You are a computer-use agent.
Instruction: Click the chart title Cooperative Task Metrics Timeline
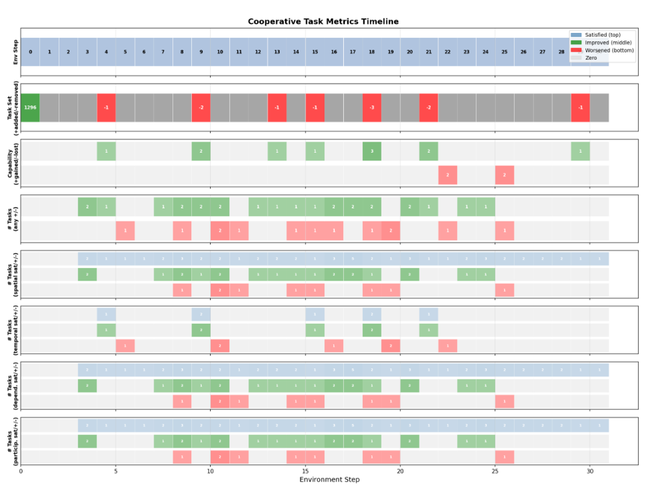[323, 22]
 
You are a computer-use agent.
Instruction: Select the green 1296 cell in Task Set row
[30, 108]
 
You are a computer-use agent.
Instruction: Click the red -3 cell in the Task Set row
[372, 108]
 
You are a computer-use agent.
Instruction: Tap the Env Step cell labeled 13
[277, 52]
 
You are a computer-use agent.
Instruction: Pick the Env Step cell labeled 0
[30, 52]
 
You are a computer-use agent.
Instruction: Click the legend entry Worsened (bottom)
[609, 50]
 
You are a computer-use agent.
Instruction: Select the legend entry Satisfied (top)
[602, 35]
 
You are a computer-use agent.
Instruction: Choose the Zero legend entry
[591, 58]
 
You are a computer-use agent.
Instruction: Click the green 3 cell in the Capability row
[372, 151]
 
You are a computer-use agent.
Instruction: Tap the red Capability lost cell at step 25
[504, 175]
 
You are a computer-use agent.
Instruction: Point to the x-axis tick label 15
[305, 471]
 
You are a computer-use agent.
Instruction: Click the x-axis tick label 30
[590, 471]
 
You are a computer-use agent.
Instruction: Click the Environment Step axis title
[329, 479]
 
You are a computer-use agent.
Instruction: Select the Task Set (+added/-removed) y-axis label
[12, 108]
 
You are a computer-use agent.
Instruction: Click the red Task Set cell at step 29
[580, 108]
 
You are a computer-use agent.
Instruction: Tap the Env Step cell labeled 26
[523, 52]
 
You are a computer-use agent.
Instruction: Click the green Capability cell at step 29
[580, 151]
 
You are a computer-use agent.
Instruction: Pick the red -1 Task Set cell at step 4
[106, 108]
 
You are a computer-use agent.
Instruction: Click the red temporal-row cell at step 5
[125, 346]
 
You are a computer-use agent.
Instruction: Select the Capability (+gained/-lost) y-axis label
[12, 164]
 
